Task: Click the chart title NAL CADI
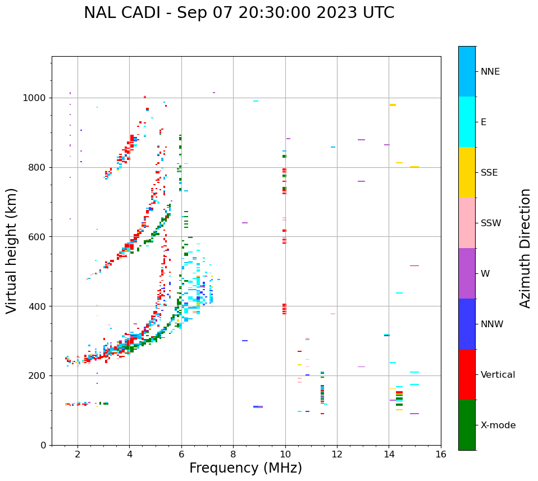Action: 239,13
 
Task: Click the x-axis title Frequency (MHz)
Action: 245,468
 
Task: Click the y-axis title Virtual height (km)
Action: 12,250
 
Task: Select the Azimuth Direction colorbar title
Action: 525,248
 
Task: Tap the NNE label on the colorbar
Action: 490,71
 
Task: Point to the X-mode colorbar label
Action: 498,425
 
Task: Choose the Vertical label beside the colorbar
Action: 498,374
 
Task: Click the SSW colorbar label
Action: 491,223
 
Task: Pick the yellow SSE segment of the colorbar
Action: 467,172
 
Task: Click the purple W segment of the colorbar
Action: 467,273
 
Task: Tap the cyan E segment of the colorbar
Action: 467,121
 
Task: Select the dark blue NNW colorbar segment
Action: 467,323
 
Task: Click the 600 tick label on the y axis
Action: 39,236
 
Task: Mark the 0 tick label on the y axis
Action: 44,445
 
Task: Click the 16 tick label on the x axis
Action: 441,453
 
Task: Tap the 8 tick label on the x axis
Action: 233,453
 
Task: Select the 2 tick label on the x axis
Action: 77,453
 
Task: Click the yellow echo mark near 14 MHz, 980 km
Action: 393,105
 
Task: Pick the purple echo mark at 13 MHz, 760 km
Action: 361,181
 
